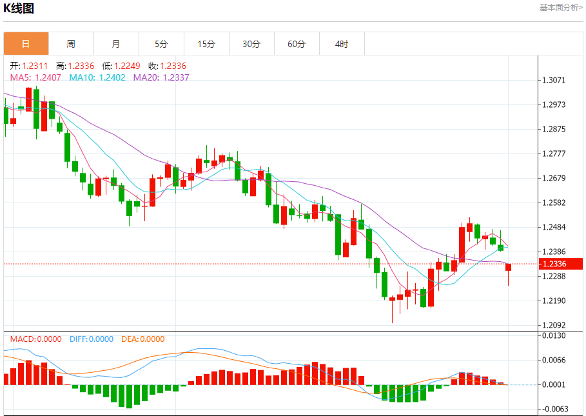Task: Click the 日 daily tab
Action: coord(26,44)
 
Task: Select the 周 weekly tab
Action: coord(71,44)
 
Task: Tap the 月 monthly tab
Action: coord(116,44)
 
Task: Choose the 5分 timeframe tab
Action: coord(161,44)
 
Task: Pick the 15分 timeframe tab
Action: coord(206,44)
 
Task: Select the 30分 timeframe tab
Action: coord(251,44)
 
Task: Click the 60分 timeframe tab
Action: coord(297,44)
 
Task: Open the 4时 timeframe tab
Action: coord(342,44)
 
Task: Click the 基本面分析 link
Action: coord(560,8)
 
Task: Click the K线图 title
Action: coord(19,8)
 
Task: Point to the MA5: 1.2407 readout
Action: coord(35,77)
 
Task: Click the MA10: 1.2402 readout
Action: coord(97,77)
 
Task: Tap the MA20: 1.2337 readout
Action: coord(161,77)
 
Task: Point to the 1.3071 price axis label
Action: coord(555,81)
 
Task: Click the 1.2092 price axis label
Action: coord(555,325)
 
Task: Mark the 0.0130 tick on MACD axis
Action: coord(555,336)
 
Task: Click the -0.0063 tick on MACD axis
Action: coord(554,409)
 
